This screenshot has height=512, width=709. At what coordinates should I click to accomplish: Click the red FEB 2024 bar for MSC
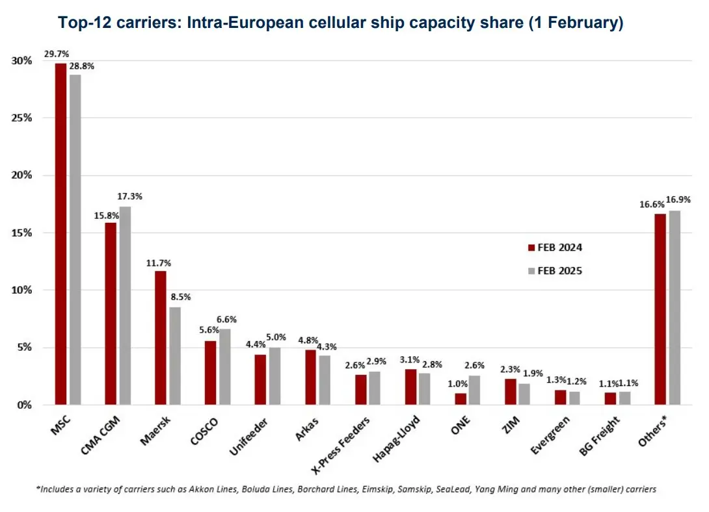(x=60, y=234)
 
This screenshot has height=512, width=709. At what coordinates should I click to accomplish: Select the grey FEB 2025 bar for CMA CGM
(x=125, y=305)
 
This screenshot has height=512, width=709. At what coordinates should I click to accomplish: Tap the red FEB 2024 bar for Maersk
(x=160, y=338)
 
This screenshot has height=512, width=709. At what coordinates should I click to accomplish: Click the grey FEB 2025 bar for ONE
(x=474, y=390)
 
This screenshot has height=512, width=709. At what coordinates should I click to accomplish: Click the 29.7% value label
(x=57, y=54)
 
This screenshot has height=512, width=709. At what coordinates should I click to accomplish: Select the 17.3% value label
(x=129, y=196)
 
